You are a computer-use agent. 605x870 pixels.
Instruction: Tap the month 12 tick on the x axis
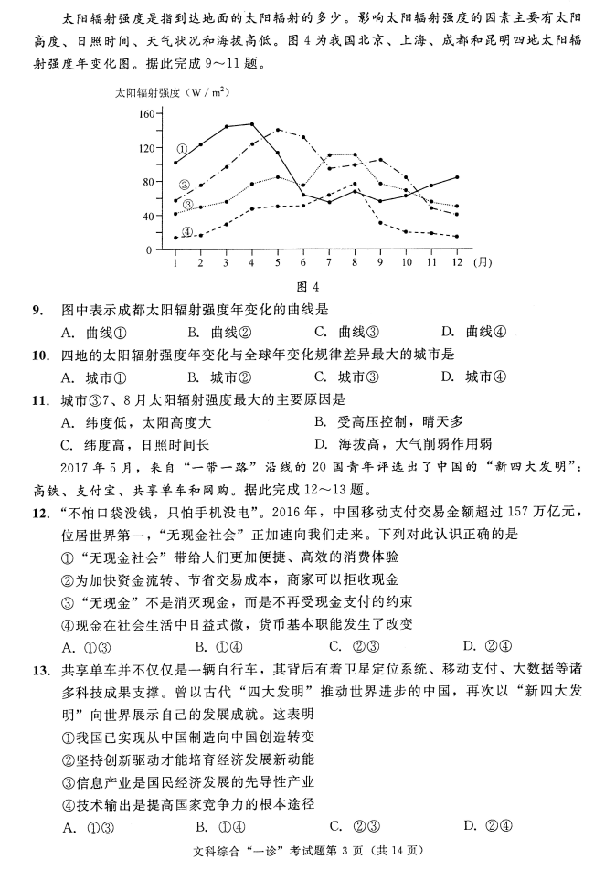point(456,262)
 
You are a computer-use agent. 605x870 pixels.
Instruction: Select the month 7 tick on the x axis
point(329,262)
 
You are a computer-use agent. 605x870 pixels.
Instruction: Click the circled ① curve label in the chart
point(182,147)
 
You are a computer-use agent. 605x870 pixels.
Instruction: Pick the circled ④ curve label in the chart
point(187,232)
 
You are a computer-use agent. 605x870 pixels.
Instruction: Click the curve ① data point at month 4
point(252,123)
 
